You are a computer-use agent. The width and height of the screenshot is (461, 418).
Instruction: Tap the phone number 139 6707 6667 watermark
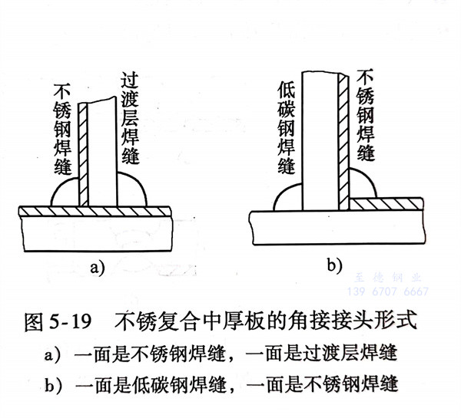pos(395,292)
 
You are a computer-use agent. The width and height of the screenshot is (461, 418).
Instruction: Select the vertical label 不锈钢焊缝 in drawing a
pos(64,123)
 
